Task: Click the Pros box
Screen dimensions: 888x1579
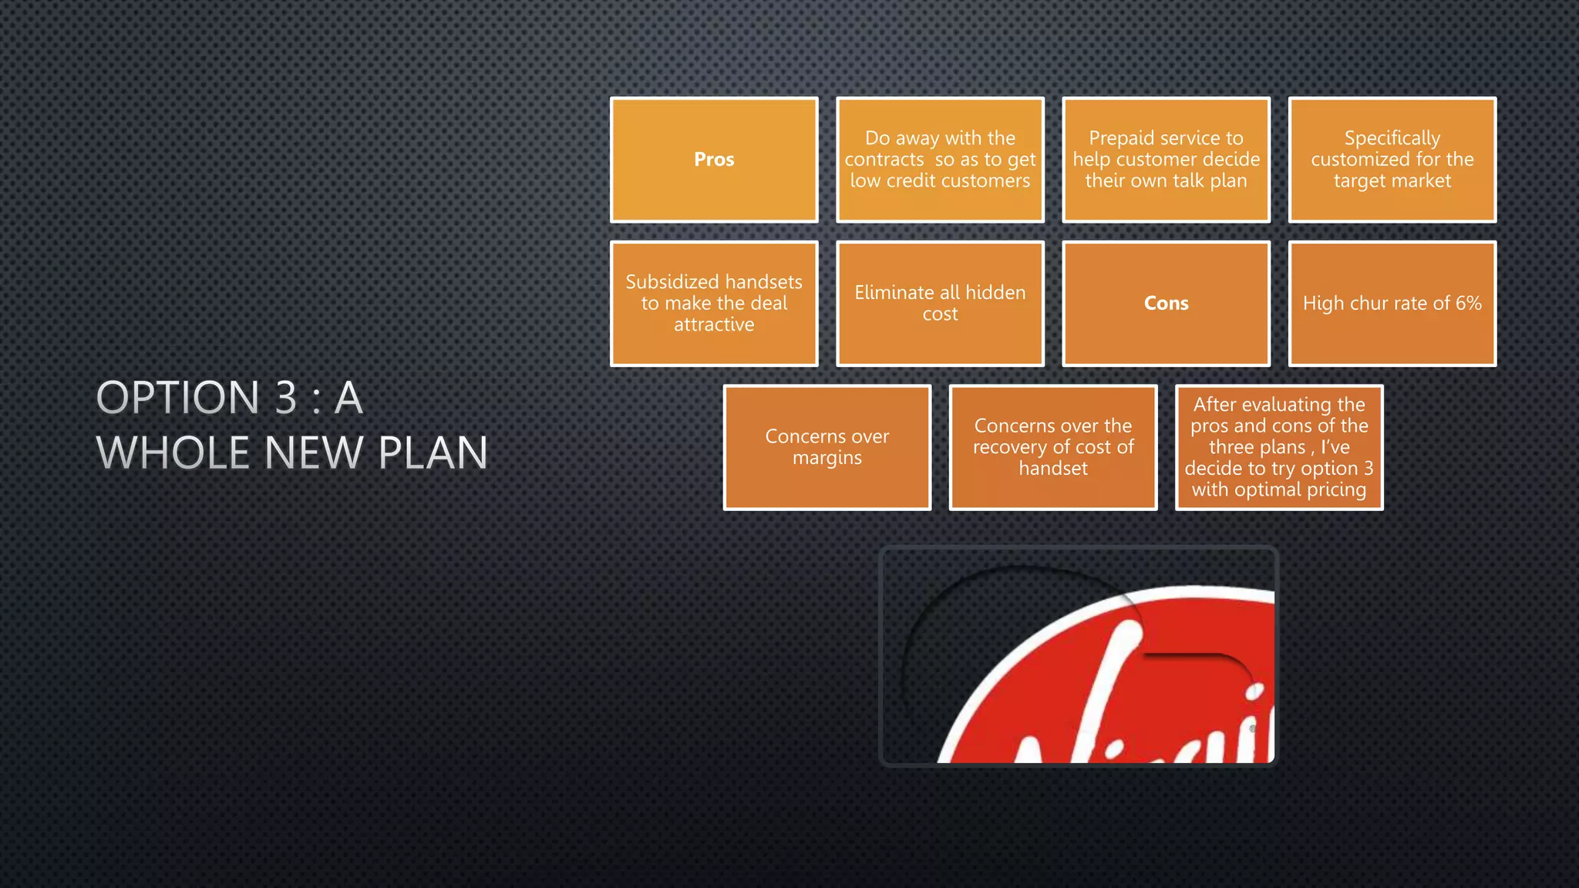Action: click(x=714, y=160)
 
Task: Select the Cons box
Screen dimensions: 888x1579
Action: click(x=1166, y=303)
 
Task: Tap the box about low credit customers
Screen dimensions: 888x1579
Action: click(x=940, y=160)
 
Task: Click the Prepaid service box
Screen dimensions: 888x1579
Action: click(x=1166, y=160)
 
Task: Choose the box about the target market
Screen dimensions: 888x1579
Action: click(x=1392, y=160)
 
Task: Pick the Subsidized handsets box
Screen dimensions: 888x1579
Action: click(x=714, y=303)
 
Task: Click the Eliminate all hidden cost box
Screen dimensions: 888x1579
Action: click(x=940, y=303)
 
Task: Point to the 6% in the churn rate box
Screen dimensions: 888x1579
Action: click(x=1468, y=303)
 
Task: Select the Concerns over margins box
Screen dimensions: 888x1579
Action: click(x=827, y=447)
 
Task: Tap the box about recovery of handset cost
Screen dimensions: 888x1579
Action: click(x=1053, y=447)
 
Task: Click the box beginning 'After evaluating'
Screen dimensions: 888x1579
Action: click(x=1279, y=447)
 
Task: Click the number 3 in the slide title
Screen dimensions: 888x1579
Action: click(x=286, y=398)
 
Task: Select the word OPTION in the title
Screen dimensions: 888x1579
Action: click(x=178, y=398)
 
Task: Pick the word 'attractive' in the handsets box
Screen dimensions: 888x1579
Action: click(x=714, y=325)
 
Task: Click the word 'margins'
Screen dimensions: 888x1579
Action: click(x=827, y=458)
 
